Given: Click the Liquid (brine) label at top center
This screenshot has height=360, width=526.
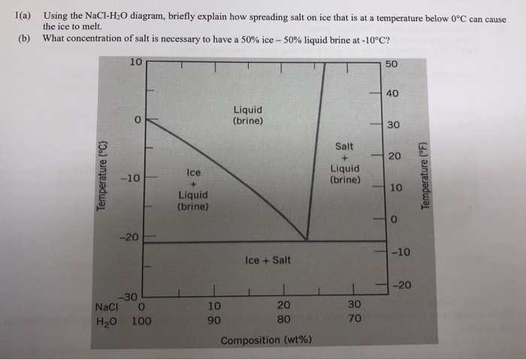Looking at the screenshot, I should [248, 114].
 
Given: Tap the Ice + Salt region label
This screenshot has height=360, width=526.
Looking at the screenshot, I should [268, 261].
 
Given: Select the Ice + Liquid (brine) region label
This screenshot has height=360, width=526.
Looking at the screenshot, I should [192, 189].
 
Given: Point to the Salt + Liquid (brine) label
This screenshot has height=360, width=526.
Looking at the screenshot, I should [346, 163].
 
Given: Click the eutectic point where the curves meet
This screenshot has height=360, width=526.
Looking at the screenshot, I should [307, 241].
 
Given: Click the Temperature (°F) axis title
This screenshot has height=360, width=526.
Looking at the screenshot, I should [427, 174].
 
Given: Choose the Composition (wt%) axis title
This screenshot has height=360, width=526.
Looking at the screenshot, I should [268, 340].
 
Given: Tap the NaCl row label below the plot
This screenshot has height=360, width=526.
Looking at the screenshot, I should [109, 307].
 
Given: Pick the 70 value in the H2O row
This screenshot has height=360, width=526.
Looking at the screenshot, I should [355, 319].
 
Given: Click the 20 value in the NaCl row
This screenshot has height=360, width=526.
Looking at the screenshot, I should [283, 306].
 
